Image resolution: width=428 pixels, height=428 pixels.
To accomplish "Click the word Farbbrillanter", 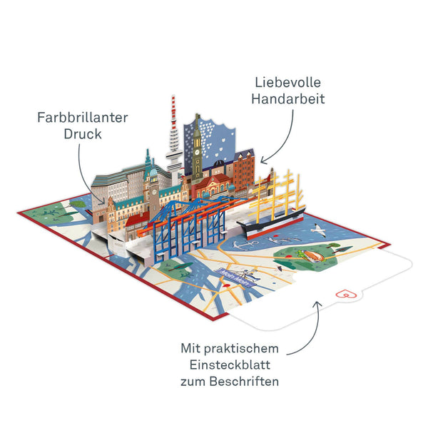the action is [83, 118].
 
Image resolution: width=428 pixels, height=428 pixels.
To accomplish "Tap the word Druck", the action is [83, 134].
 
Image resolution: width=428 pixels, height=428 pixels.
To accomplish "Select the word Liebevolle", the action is [287, 83].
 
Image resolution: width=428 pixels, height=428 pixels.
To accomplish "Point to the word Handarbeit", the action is [288, 99].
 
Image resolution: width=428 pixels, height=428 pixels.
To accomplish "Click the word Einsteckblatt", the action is [230, 365].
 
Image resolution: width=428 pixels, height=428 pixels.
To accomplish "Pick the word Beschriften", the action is [244, 382].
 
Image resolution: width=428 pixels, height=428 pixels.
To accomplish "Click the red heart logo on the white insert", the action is [346, 294].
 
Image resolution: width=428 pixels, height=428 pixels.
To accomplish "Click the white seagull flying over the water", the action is [319, 230].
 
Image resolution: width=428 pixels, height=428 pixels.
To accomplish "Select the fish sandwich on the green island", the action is [312, 256].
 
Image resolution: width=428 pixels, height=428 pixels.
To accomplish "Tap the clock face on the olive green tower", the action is [197, 152].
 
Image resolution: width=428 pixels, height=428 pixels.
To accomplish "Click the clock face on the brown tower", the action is [154, 192].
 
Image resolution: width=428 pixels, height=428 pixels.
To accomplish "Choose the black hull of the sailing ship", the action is [271, 222].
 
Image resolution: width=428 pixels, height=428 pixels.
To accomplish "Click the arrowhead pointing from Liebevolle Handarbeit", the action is [263, 160].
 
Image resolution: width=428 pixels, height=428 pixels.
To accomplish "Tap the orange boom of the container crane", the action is [191, 215].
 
